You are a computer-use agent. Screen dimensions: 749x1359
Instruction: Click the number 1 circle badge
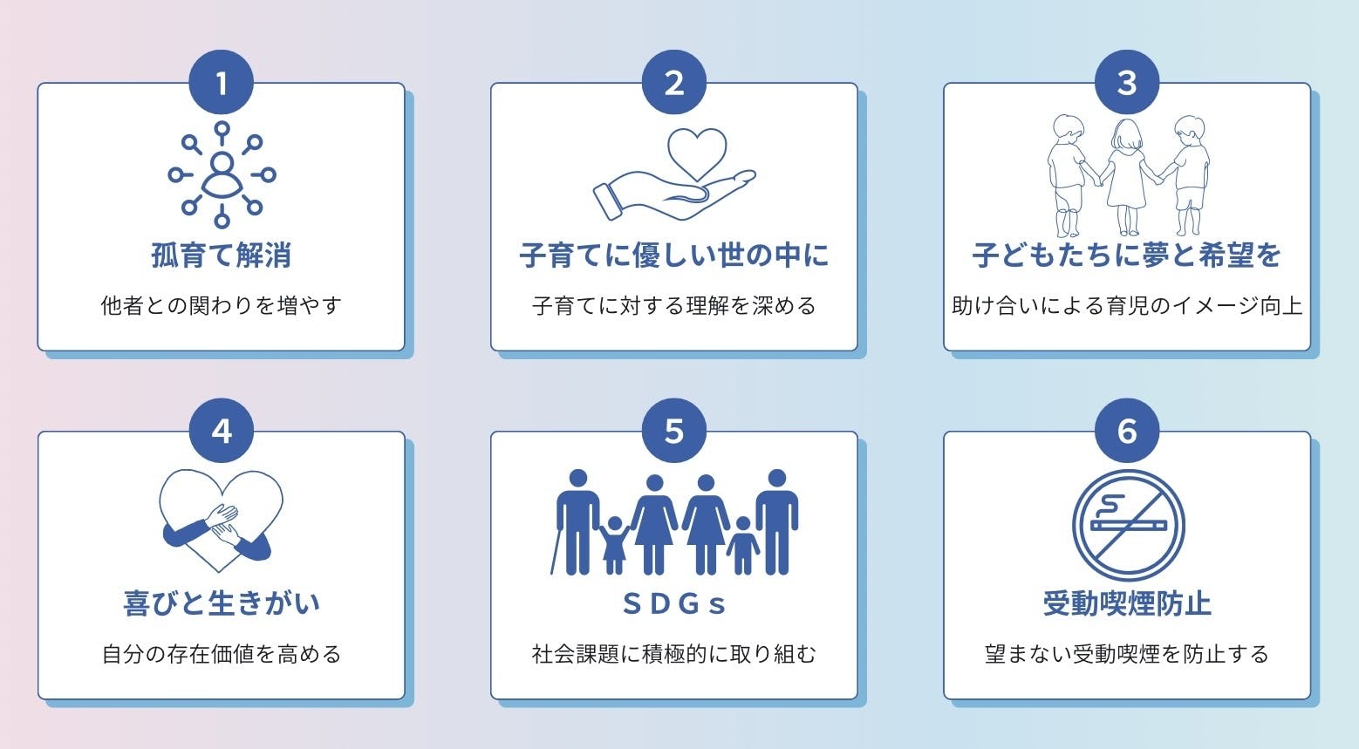(x=222, y=83)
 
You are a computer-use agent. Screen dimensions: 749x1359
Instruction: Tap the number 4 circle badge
(x=222, y=431)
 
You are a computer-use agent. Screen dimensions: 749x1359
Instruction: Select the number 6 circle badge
(x=1127, y=431)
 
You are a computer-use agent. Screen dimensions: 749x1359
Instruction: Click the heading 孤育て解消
(x=222, y=255)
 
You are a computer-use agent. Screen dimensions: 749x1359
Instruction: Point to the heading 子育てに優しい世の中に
(x=673, y=255)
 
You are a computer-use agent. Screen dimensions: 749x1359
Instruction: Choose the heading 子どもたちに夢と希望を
(x=1126, y=255)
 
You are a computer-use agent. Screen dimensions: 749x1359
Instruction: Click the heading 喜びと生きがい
(x=222, y=603)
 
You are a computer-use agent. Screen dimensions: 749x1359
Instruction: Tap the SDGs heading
(x=673, y=603)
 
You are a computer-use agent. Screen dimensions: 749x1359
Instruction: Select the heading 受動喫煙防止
(x=1127, y=603)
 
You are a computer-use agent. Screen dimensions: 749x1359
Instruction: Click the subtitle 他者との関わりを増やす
(x=222, y=306)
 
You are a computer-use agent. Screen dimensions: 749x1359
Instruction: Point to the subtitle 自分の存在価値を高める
(x=222, y=654)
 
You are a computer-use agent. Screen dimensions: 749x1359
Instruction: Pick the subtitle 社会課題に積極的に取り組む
(x=673, y=654)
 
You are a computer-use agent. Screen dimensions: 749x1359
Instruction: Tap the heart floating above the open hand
(x=697, y=153)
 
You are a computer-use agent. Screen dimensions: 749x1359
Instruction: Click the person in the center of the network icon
(x=222, y=174)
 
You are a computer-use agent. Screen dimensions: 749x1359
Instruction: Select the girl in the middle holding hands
(x=1126, y=174)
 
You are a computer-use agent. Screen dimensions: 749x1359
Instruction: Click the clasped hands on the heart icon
(x=224, y=523)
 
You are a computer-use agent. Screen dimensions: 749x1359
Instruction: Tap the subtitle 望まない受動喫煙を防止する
(x=1127, y=654)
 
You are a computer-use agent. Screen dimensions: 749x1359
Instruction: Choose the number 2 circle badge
(x=673, y=83)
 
